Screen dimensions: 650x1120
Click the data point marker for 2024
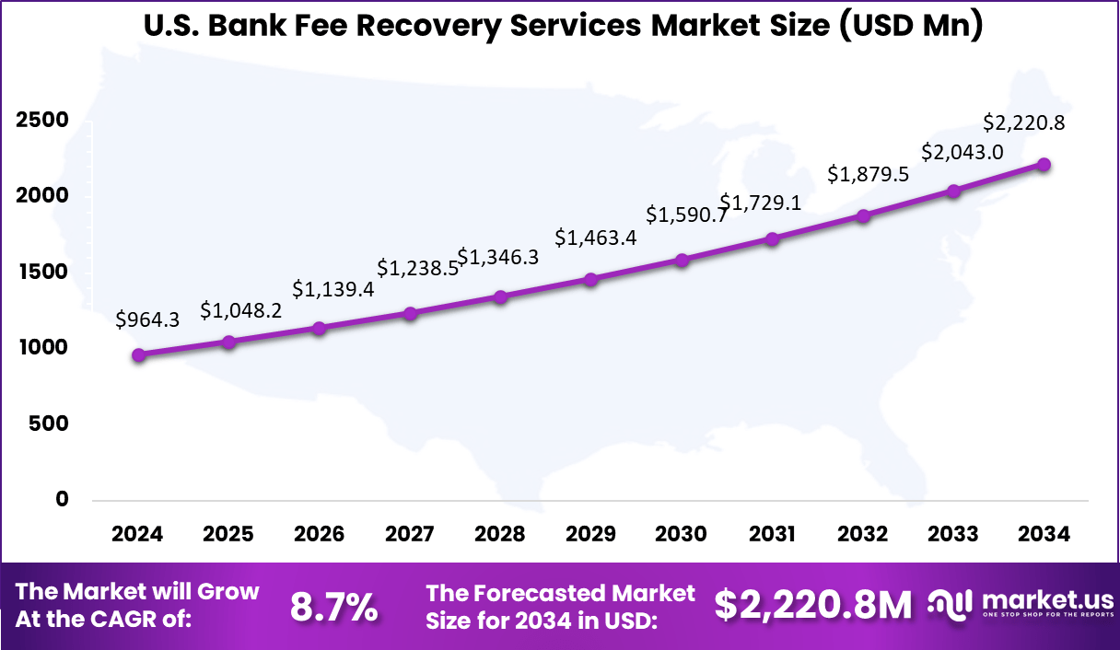pos(138,355)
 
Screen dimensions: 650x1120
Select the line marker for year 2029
pos(591,279)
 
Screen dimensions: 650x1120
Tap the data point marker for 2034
pos(1044,165)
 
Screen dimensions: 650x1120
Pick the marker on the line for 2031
pos(773,239)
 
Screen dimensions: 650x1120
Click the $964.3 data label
pos(147,319)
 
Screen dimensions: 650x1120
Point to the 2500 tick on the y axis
pos(41,121)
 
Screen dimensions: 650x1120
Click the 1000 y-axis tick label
pos(41,348)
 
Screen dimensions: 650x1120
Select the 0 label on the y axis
pos(62,499)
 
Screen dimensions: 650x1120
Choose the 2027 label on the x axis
pos(410,535)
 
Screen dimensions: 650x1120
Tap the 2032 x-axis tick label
pos(863,535)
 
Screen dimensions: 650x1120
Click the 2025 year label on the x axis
pos(228,535)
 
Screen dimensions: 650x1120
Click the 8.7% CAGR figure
pos(333,607)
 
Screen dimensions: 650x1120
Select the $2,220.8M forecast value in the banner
pos(813,605)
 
